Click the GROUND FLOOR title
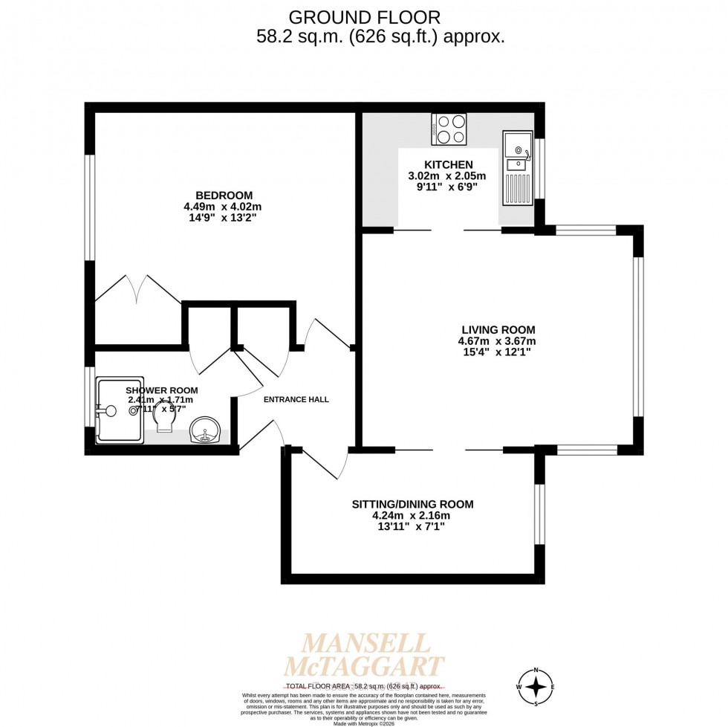point(364,16)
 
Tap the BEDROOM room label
point(223,196)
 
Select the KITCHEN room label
point(447,165)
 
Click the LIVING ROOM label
point(497,330)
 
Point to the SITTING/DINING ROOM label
point(412,504)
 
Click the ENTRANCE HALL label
point(296,399)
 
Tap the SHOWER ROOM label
point(161,390)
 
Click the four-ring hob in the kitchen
point(449,129)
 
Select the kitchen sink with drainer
point(517,168)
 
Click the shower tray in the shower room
point(119,410)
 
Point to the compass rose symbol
point(536,686)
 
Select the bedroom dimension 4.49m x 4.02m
point(223,207)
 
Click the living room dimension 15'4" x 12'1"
point(497,352)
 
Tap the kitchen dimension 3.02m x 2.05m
point(447,176)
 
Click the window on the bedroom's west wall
point(90,207)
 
